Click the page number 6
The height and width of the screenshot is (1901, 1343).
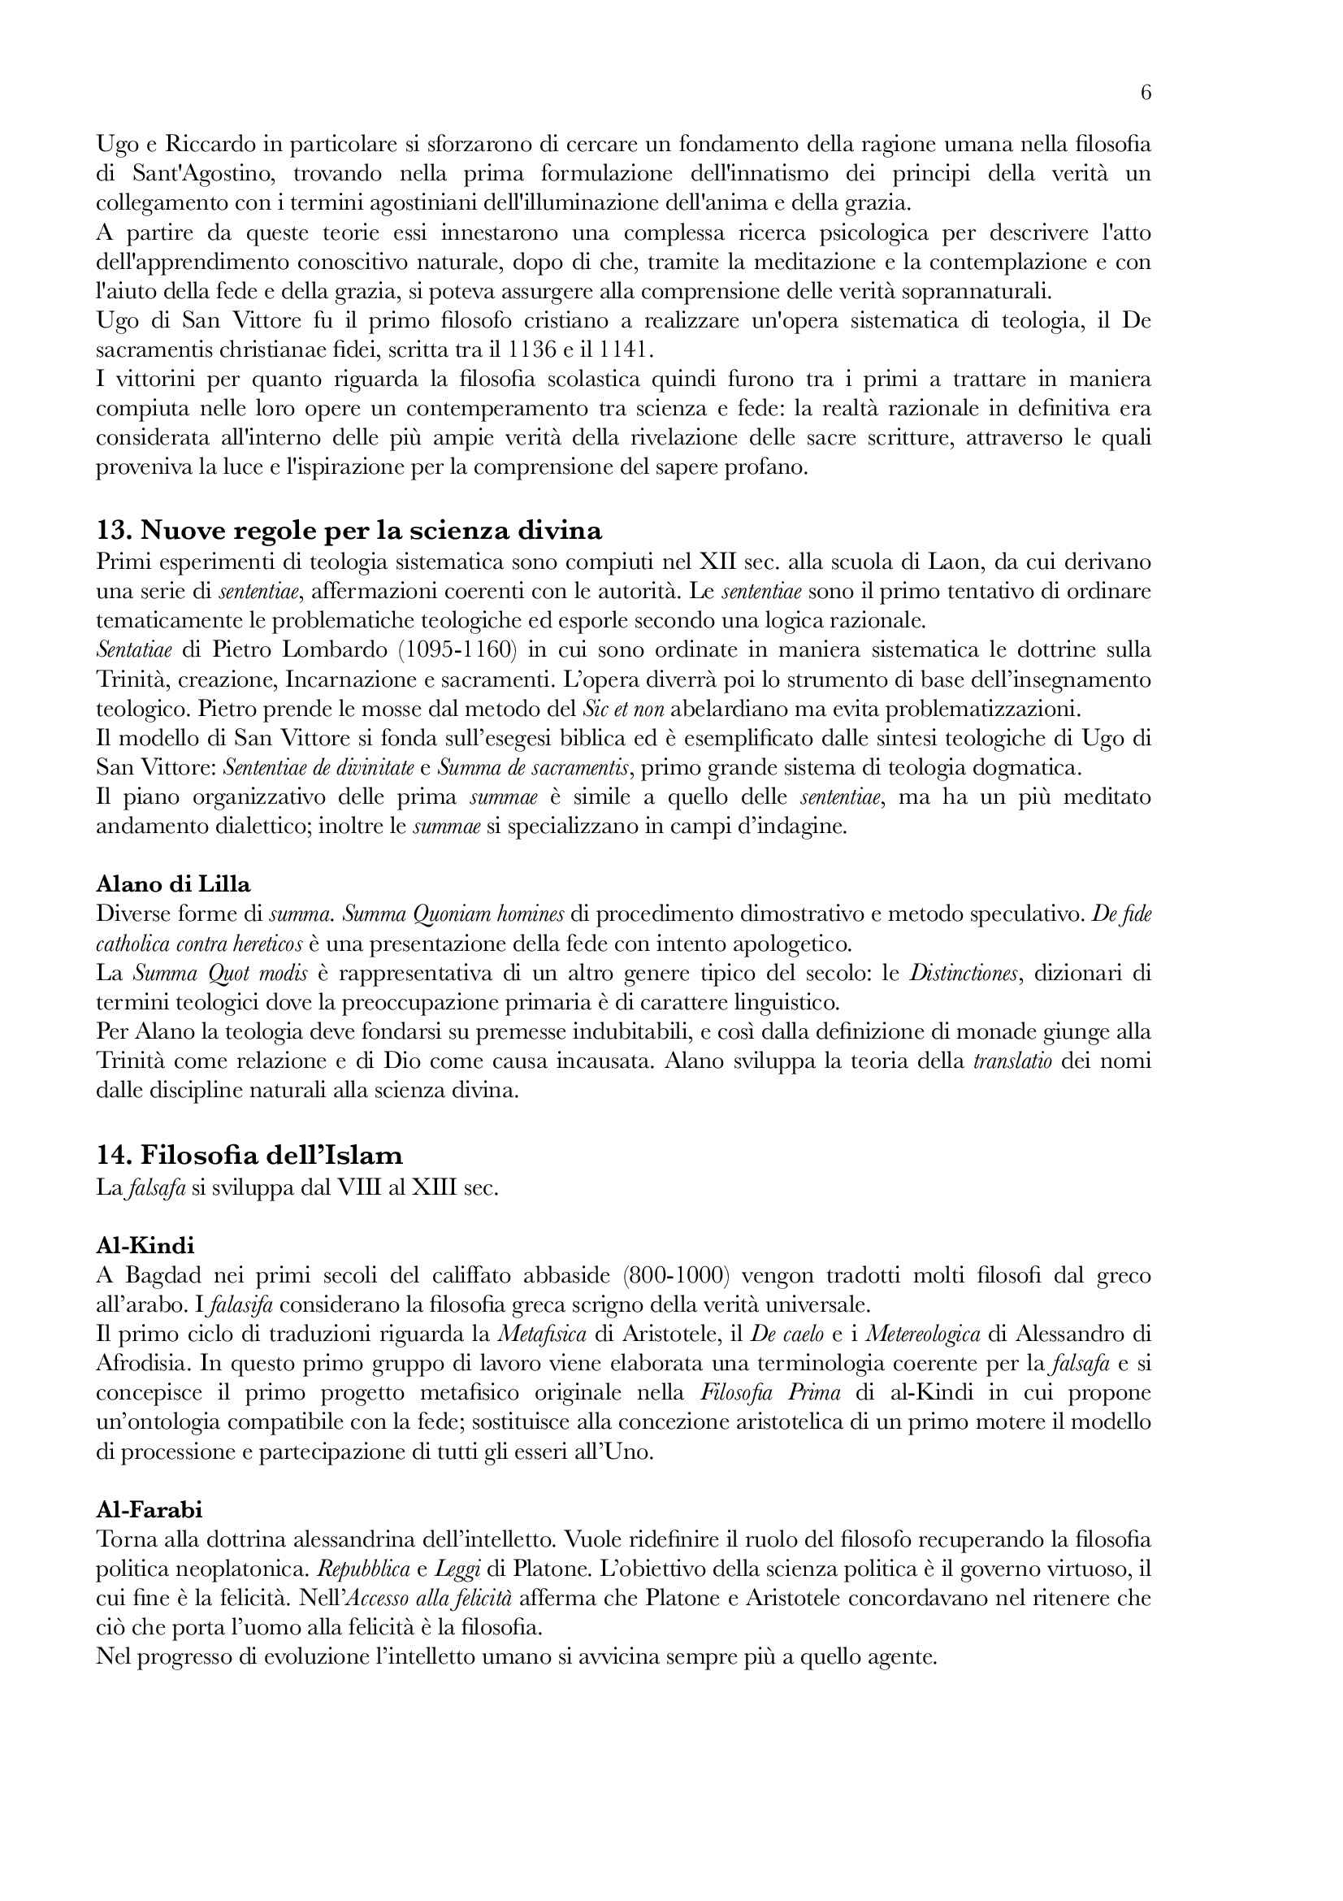point(1146,93)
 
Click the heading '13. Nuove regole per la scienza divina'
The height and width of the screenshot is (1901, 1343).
point(349,530)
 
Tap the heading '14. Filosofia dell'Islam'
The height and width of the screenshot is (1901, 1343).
point(249,1155)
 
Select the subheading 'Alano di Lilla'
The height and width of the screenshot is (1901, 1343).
point(173,883)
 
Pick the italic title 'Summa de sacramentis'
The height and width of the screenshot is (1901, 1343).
point(535,768)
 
